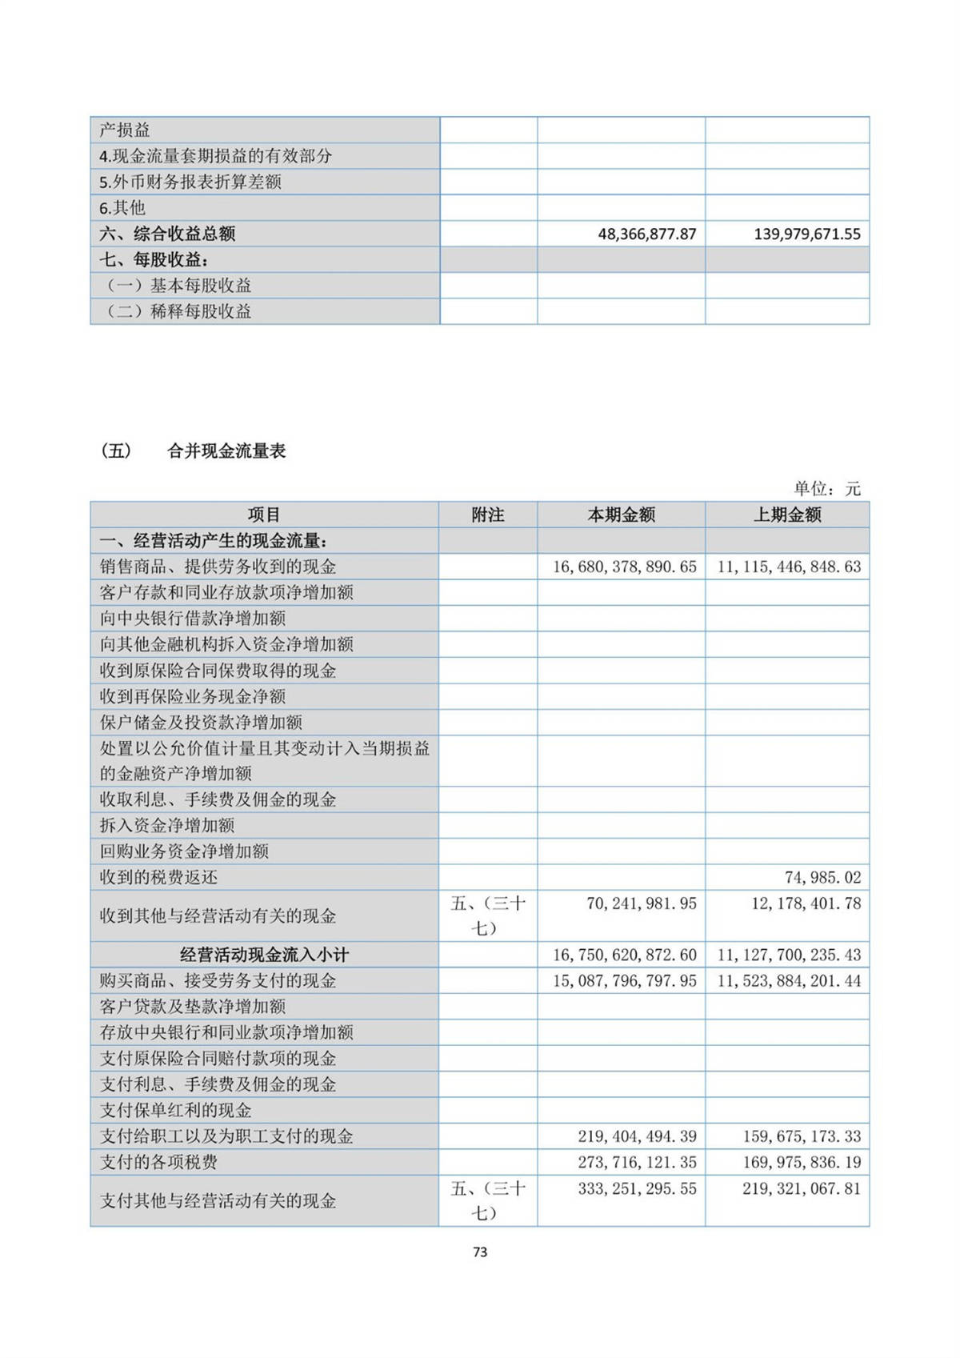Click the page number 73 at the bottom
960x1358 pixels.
[x=480, y=1252]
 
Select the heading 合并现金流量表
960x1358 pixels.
[x=226, y=451]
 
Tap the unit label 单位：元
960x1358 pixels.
[x=827, y=488]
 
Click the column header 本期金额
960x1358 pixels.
[x=621, y=515]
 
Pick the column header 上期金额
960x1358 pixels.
[x=787, y=515]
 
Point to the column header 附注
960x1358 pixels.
[x=487, y=515]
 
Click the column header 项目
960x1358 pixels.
[x=264, y=515]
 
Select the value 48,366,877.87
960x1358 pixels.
[x=647, y=234]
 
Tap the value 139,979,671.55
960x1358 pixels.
[x=806, y=234]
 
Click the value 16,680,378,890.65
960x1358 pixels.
[x=624, y=567]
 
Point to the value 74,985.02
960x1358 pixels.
[x=822, y=877]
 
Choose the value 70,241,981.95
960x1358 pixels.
[x=641, y=903]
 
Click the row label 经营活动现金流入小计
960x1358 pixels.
[x=264, y=955]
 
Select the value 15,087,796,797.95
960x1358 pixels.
[x=624, y=980]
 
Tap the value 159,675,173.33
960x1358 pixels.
[x=801, y=1136]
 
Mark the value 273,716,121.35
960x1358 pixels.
[x=637, y=1162]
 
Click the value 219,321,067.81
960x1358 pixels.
[x=801, y=1188]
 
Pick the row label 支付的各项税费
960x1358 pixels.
[x=158, y=1162]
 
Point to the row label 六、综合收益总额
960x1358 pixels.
[x=167, y=234]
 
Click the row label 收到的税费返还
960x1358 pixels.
[x=158, y=877]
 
